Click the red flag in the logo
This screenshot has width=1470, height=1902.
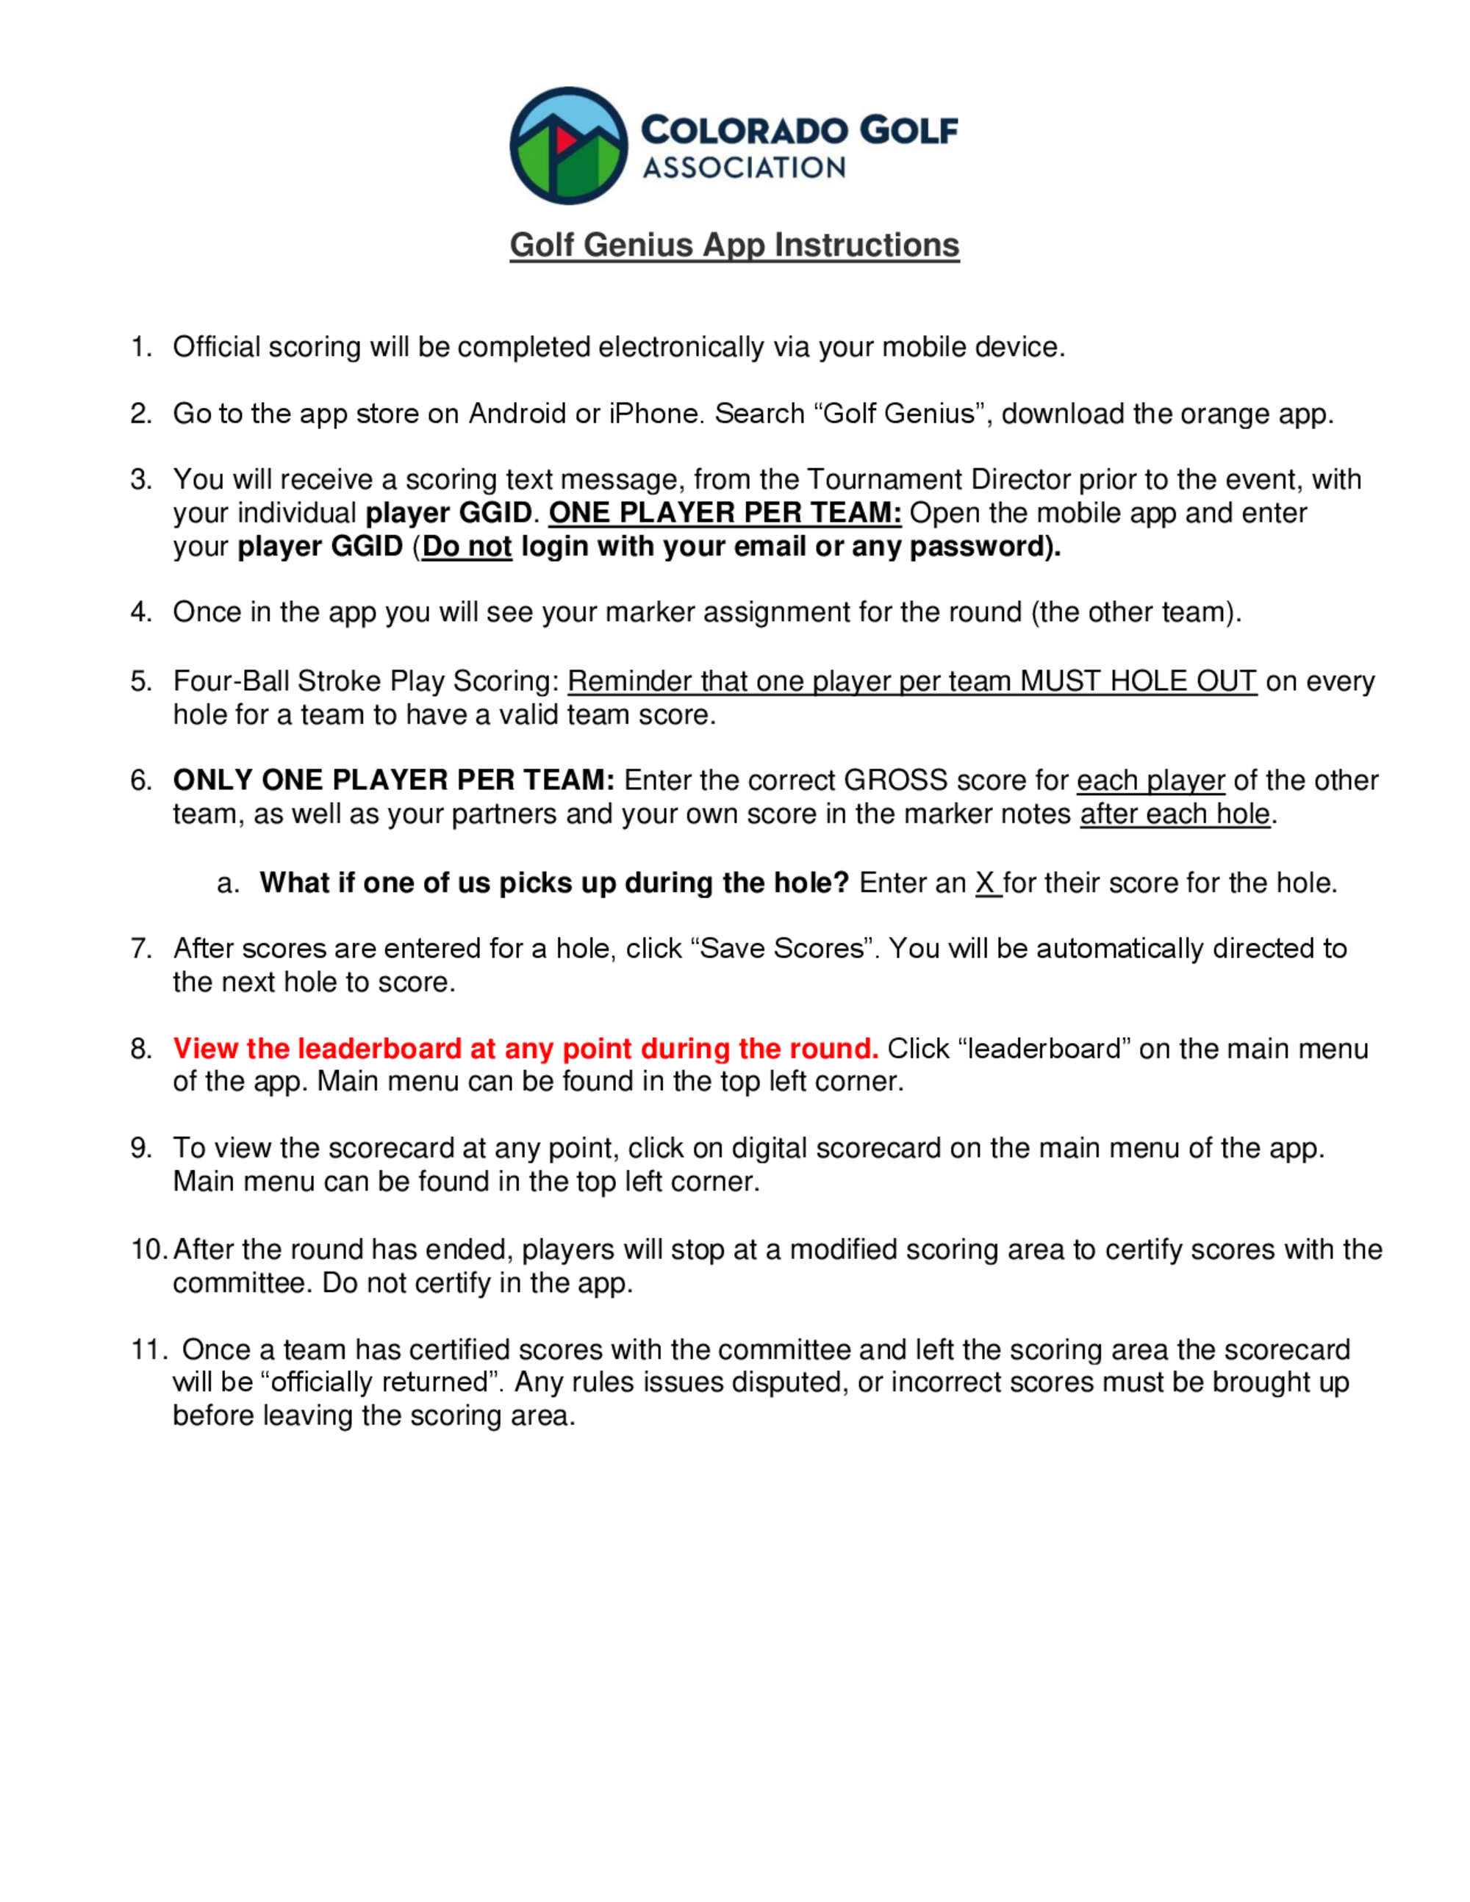tap(565, 140)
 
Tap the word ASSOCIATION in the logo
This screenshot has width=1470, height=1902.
tap(744, 168)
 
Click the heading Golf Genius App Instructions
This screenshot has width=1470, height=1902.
tap(734, 245)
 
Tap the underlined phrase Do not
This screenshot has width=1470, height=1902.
tap(467, 547)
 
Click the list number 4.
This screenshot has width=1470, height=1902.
tap(140, 612)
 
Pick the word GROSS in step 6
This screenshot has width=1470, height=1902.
tap(895, 780)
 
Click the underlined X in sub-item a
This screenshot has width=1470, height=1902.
tap(986, 883)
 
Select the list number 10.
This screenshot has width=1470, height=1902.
tap(147, 1249)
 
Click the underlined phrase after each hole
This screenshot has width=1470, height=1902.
tap(1175, 814)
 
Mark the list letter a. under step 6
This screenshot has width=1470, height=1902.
tap(227, 883)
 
